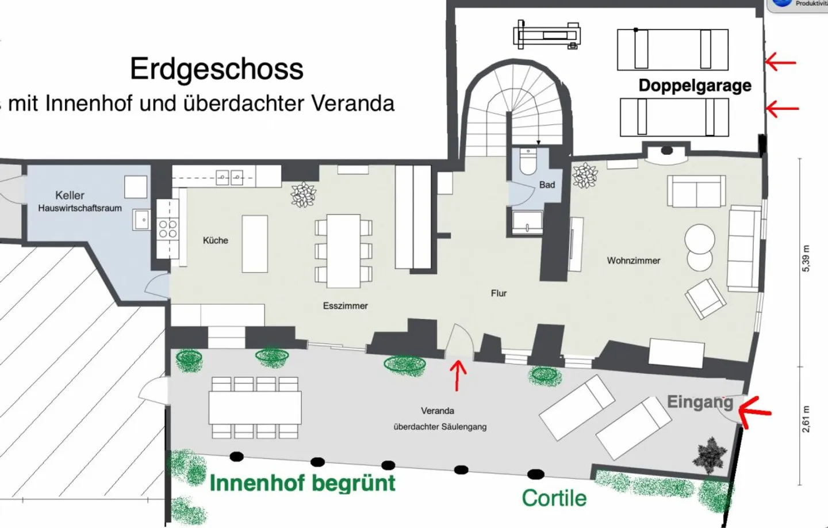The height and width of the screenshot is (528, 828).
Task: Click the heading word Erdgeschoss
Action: click(x=216, y=69)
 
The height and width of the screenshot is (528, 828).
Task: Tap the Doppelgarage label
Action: click(x=695, y=86)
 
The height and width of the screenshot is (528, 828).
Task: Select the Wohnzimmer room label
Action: click(x=633, y=261)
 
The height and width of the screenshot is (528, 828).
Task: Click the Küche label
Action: click(x=215, y=240)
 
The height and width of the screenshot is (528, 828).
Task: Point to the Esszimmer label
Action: click(x=345, y=306)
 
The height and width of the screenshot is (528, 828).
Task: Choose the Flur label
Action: click(x=499, y=293)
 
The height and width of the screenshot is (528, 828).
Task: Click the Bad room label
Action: click(x=547, y=185)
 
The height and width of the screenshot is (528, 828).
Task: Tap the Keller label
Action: click(x=70, y=196)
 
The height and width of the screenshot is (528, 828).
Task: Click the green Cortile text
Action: click(x=554, y=498)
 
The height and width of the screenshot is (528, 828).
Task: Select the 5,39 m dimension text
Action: click(x=806, y=259)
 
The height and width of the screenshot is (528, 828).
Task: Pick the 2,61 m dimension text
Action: click(x=806, y=418)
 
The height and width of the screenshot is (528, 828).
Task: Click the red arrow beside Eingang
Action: click(x=754, y=410)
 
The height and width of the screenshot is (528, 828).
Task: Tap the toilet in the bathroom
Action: click(x=527, y=163)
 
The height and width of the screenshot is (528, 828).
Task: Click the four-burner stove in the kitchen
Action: click(x=167, y=229)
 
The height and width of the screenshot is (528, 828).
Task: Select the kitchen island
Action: click(x=254, y=243)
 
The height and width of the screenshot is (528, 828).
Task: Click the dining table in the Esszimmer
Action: click(x=343, y=251)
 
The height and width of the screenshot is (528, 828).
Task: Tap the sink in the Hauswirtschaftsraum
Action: click(x=141, y=220)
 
